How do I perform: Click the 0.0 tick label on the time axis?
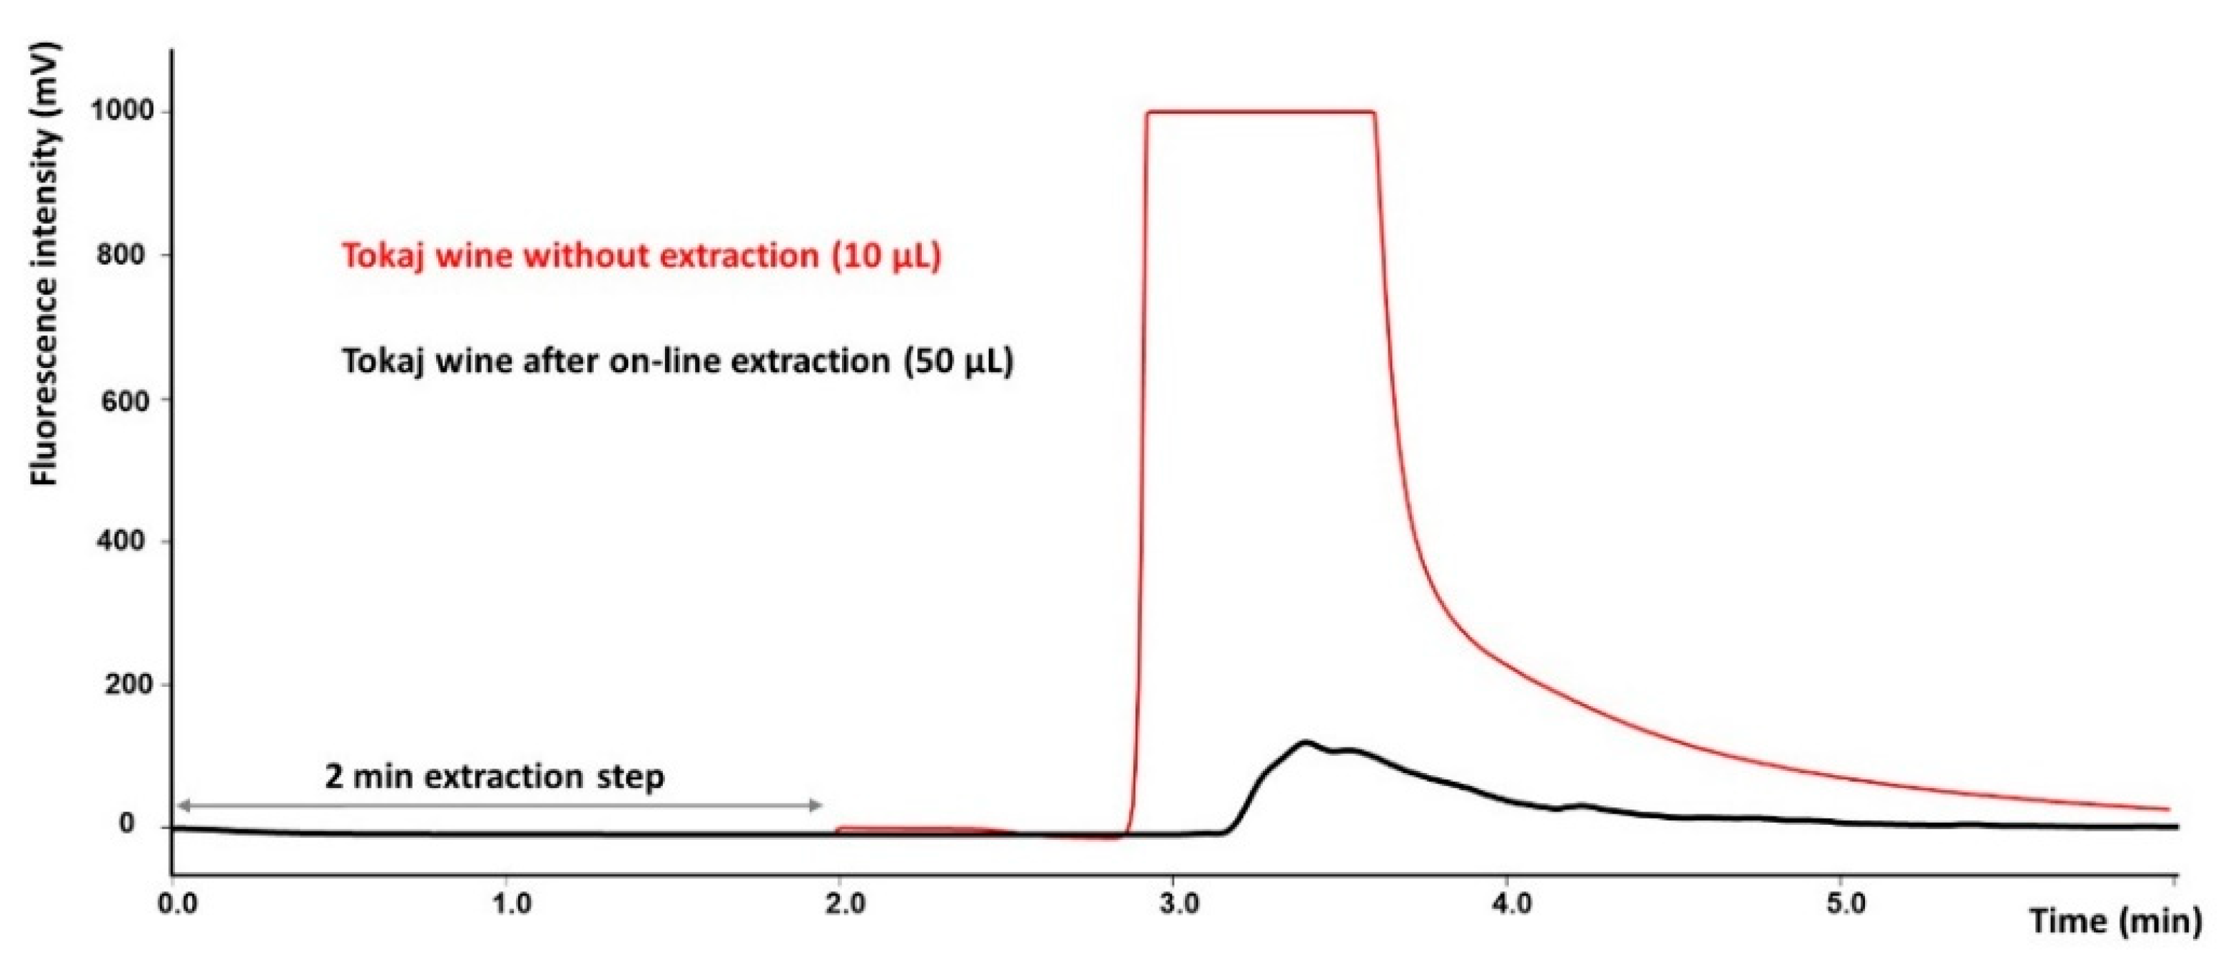coord(178,905)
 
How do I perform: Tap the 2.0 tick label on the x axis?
coord(845,905)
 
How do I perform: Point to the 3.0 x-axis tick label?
coord(1180,905)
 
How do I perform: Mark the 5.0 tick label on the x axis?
coord(1847,905)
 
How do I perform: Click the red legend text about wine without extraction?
coord(641,256)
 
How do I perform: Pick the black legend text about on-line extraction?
coord(678,360)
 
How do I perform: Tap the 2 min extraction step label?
coord(494,776)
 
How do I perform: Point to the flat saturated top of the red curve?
coord(1262,112)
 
